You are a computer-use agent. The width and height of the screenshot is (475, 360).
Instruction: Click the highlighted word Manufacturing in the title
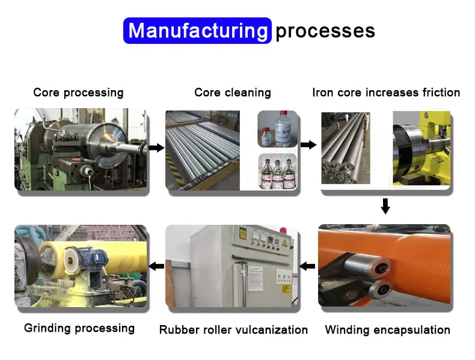click(x=197, y=31)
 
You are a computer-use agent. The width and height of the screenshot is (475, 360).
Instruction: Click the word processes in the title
click(x=325, y=31)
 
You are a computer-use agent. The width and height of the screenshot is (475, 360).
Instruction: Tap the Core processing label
click(x=78, y=93)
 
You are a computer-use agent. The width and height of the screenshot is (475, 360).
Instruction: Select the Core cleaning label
click(x=233, y=93)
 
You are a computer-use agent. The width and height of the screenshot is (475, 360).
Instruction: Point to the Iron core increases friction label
click(x=386, y=93)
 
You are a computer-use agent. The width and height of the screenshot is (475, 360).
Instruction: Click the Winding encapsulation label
click(x=387, y=329)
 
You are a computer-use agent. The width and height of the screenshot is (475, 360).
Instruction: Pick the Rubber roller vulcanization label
click(x=233, y=329)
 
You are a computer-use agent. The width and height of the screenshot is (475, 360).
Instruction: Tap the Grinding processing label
click(x=79, y=328)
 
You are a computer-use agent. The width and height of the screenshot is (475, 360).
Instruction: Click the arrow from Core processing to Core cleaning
click(x=156, y=148)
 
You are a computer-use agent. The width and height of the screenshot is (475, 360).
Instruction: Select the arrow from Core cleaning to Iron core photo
click(x=308, y=145)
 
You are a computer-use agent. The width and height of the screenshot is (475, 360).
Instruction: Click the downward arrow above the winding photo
click(x=386, y=206)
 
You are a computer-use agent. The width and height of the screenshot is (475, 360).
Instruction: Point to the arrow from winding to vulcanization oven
click(x=308, y=266)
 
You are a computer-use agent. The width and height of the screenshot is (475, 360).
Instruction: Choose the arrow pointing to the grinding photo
click(x=156, y=266)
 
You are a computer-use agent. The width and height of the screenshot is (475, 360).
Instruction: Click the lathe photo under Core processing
click(x=81, y=149)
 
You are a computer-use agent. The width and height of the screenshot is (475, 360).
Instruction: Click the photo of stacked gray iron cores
click(x=345, y=148)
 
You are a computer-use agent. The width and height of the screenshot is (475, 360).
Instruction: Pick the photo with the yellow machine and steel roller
click(x=421, y=148)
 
